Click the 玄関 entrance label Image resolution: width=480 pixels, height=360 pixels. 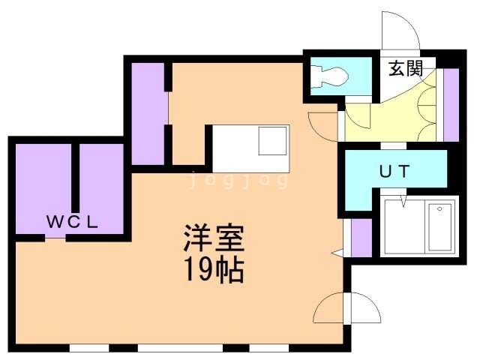pyautogui.click(x=406, y=68)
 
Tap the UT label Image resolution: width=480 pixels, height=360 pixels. pyautogui.click(x=394, y=172)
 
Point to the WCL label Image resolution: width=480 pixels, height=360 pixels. pyautogui.click(x=72, y=222)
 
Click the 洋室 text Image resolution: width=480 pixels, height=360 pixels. pyautogui.click(x=214, y=238)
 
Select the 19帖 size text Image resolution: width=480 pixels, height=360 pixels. pyautogui.click(x=214, y=270)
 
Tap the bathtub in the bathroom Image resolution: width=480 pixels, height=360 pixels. pyautogui.click(x=440, y=226)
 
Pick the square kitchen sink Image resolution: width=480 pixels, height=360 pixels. pyautogui.click(x=272, y=141)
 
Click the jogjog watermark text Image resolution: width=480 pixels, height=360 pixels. pyautogui.click(x=238, y=180)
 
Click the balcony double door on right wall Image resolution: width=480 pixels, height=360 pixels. pyautogui.click(x=346, y=307)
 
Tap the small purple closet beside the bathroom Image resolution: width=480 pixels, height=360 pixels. pyautogui.click(x=361, y=238)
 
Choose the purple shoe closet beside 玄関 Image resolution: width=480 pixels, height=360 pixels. pyautogui.click(x=451, y=105)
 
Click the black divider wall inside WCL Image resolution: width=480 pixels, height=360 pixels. pyautogui.click(x=75, y=177)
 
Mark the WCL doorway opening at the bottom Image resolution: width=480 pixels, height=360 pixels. pyautogui.click(x=55, y=238)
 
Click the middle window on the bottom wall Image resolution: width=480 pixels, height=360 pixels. pyautogui.click(x=180, y=348)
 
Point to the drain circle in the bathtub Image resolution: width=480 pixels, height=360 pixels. pyautogui.click(x=440, y=208)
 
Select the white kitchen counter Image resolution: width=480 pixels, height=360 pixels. pyautogui.click(x=251, y=148)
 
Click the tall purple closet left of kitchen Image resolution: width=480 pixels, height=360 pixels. pyautogui.click(x=148, y=114)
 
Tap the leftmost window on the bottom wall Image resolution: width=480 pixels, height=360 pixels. pyautogui.click(x=89, y=348)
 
